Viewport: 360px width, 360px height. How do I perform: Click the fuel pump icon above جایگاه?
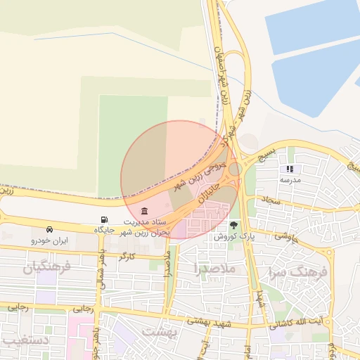(105, 220)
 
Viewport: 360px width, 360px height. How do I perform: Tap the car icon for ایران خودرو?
(49, 230)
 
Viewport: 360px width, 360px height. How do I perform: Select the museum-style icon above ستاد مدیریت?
(144, 212)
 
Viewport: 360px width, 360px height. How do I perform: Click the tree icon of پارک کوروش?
(233, 226)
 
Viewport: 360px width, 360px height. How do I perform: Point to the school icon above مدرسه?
(290, 169)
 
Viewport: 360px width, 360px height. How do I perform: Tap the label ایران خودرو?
(48, 240)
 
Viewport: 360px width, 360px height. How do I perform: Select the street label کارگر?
(127, 257)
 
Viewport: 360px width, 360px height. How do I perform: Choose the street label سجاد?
(271, 200)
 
